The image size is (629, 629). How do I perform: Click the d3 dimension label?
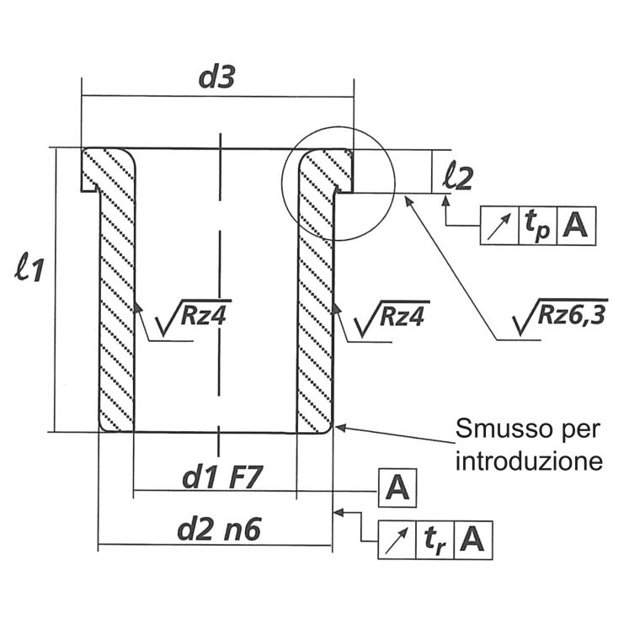[x=216, y=77]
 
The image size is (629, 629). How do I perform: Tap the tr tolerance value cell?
[x=434, y=538]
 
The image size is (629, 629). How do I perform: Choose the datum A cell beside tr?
[x=473, y=538]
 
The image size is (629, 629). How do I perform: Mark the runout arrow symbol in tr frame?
[x=397, y=538]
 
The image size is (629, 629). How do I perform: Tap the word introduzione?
[x=525, y=461]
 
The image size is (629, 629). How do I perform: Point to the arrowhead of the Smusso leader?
[x=339, y=428]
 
